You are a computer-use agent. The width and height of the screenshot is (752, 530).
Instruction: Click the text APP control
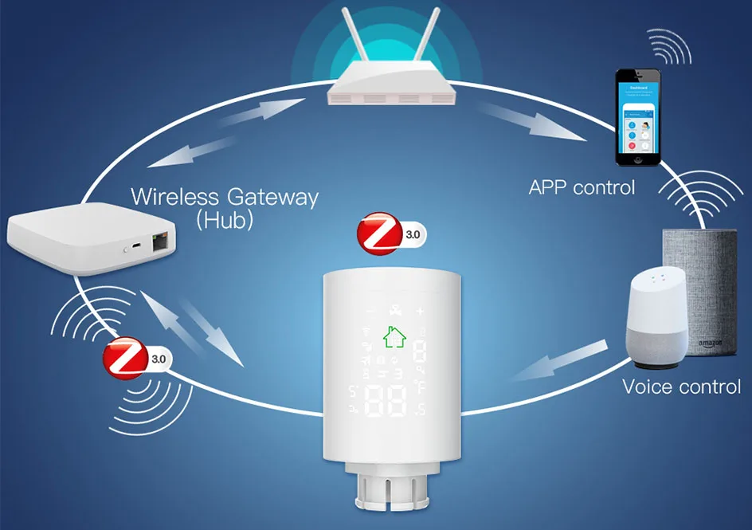tap(582, 187)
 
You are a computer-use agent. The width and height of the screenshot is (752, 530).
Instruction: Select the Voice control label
tap(681, 387)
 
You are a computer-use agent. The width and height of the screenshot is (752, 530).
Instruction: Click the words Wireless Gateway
tap(224, 196)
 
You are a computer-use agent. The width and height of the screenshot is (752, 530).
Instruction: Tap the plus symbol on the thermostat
tap(421, 311)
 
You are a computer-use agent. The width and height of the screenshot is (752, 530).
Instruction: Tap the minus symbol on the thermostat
tap(369, 311)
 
